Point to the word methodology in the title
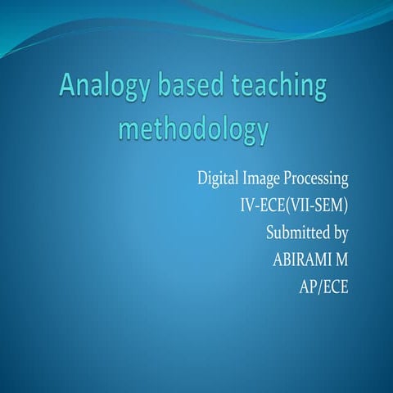194,130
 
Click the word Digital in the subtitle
218,178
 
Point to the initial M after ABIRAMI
343,260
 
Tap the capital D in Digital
202,178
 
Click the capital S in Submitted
271,233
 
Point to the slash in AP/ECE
319,287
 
